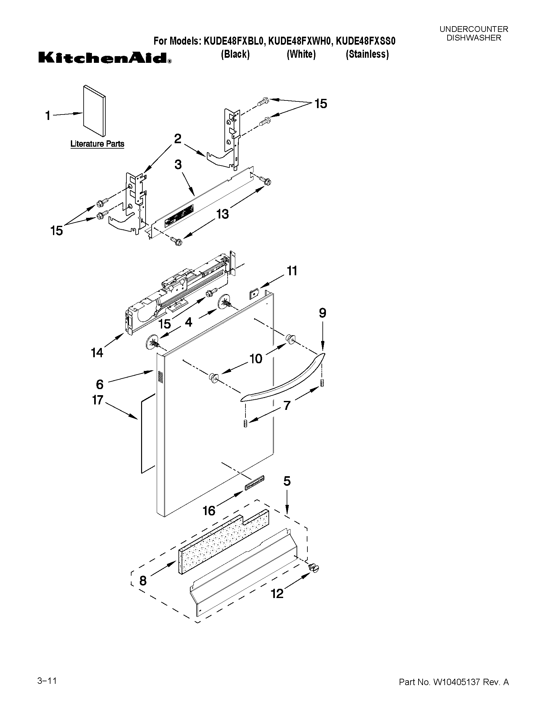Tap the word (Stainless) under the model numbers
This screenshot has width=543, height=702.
tap(367, 54)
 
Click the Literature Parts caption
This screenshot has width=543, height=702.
tap(97, 144)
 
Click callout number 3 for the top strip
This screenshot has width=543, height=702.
tap(178, 165)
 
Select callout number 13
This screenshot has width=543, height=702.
tap(222, 214)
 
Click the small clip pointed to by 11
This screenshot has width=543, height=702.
tap(254, 294)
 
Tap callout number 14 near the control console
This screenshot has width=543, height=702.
tap(97, 353)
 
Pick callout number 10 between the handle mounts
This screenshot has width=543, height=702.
tap(256, 358)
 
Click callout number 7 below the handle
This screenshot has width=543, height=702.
tap(287, 406)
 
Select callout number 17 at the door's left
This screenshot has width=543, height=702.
tap(97, 400)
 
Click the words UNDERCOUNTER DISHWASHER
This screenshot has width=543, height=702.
tap(473, 33)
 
